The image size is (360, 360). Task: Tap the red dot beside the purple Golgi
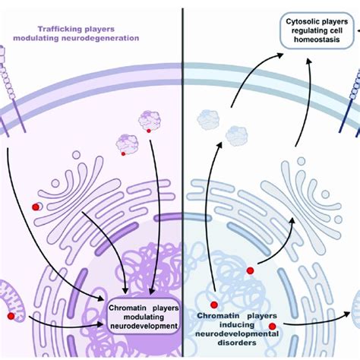coord(36,207)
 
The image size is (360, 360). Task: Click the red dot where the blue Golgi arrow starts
coord(250,270)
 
